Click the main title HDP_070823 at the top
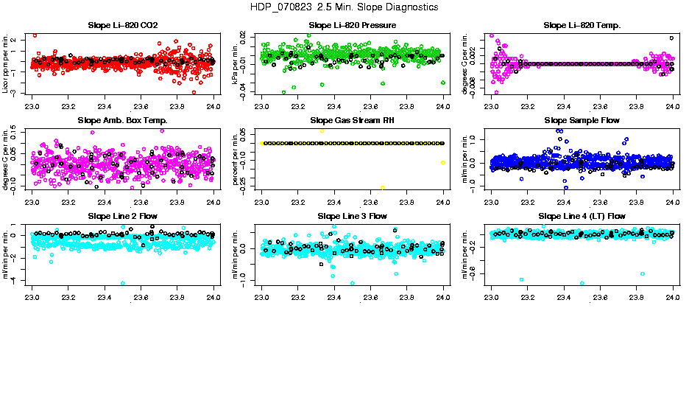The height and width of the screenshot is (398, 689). pos(344,7)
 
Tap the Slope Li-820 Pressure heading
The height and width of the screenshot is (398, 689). pos(352,26)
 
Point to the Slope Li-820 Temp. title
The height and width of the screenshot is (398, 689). pos(582,26)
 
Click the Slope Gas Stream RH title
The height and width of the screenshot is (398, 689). pos(352,120)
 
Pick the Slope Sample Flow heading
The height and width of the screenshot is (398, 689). pos(582,120)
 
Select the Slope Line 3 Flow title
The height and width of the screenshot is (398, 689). pos(352,216)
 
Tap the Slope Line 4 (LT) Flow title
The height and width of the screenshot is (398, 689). pos(582,216)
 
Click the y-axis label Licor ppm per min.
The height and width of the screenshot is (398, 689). pos(6,63)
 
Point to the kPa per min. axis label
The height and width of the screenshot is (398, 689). pos(236,63)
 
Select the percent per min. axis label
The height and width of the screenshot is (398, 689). pos(236,158)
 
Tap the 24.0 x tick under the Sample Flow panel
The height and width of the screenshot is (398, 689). pos(672,201)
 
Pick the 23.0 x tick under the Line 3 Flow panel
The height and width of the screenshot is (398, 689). pos(262,297)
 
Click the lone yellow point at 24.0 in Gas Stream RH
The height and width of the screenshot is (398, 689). pos(442,162)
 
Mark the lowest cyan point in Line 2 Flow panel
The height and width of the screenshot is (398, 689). pos(123,283)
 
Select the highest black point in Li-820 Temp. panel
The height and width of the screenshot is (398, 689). pos(671,38)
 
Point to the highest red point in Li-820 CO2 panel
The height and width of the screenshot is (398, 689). pos(35,35)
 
